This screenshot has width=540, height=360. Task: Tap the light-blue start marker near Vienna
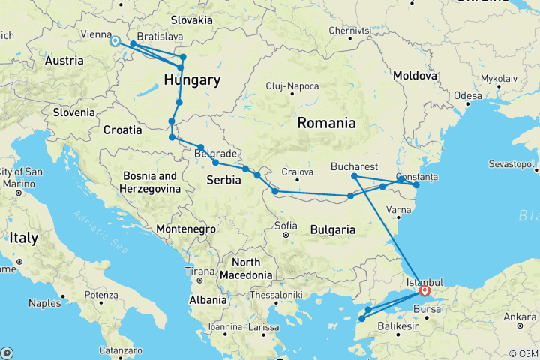coord(115,41)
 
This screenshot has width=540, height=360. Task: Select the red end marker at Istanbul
coord(424,291)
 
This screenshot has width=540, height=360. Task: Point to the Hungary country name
coord(192,80)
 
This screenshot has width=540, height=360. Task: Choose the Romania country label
coord(327,122)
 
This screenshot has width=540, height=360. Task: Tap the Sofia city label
coord(288,225)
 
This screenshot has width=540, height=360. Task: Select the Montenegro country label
coord(186,228)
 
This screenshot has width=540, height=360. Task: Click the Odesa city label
coord(467,96)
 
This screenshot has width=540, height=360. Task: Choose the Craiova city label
coord(297,172)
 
